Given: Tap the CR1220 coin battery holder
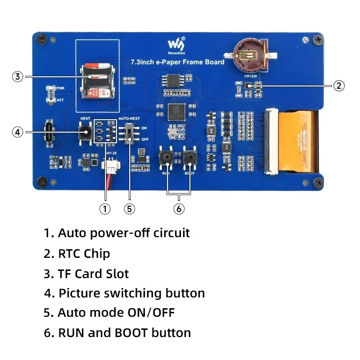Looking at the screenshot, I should coord(248,57).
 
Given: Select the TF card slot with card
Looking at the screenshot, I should coord(92,81).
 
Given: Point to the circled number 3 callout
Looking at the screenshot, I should coord(17,76).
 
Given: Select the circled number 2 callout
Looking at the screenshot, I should coord(339,85).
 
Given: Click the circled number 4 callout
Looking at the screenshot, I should coord(17,132).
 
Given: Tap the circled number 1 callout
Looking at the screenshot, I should coord(104,209).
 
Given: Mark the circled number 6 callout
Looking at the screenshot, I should coord(179,209).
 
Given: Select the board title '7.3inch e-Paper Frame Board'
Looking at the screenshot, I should coord(177,62).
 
